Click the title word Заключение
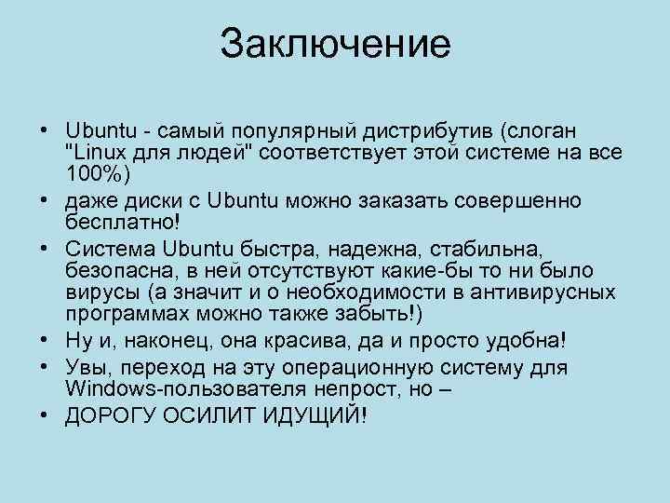335,44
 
